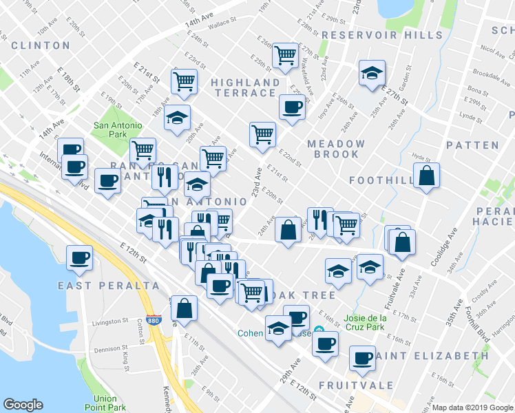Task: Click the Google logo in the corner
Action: coord(23,405)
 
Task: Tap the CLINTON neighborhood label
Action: coord(41,45)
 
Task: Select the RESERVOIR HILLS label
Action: coord(381,35)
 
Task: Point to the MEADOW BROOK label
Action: coord(336,149)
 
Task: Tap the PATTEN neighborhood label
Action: coord(472,145)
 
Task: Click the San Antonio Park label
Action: coord(118,130)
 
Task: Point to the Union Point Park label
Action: coord(105,403)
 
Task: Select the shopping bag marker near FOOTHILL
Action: coord(427,177)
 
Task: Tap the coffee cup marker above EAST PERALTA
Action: coord(79,258)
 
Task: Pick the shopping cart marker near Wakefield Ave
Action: coord(284,55)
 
